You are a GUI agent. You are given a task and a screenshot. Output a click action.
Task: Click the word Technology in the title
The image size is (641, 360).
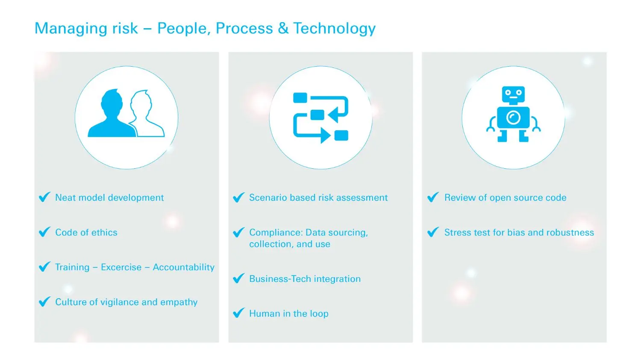coord(334,28)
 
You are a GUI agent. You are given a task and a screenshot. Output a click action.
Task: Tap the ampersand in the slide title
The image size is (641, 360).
coord(283,28)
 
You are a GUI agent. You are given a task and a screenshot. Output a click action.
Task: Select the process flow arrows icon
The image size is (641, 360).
coord(320,117)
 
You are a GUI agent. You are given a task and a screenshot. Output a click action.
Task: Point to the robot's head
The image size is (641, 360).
coord(513,95)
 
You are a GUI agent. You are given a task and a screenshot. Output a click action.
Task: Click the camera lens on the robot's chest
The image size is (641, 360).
coord(513,117)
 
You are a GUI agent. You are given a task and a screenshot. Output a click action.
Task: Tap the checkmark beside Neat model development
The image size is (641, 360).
coord(44,197)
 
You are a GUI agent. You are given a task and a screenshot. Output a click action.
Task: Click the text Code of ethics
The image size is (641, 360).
coord(86,232)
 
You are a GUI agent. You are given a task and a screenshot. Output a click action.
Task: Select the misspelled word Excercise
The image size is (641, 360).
coord(121,267)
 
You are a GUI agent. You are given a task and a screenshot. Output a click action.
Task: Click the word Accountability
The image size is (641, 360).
coord(184,267)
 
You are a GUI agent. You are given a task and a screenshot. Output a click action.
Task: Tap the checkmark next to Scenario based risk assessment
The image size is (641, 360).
coord(238,197)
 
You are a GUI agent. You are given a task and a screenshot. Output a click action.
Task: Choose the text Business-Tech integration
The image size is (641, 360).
coord(305,279)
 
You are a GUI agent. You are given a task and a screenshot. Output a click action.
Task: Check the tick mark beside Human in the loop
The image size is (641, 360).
coord(238,313)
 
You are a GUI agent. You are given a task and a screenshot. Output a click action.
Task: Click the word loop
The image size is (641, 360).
coord(319,314)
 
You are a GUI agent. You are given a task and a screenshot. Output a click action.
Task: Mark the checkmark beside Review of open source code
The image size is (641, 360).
coord(433,197)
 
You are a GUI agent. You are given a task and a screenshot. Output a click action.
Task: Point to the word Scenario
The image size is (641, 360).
coord(268,197)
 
